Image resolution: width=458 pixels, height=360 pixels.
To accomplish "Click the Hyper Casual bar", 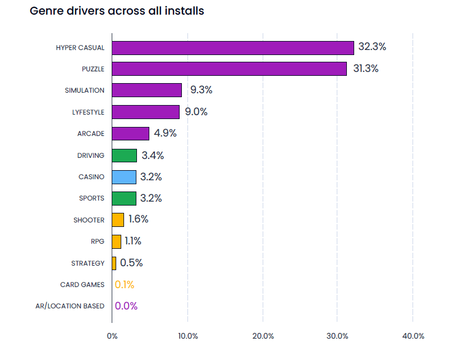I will click(232, 48).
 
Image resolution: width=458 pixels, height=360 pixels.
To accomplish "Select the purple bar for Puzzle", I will click(229, 69).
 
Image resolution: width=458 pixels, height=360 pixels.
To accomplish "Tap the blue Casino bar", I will click(124, 177).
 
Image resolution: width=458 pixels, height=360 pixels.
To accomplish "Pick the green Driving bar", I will click(124, 156).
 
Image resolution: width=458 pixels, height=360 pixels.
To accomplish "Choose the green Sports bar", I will click(124, 198).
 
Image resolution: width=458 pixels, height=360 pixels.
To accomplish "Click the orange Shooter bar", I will click(118, 220).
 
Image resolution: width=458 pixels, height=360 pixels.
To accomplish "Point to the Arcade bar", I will click(130, 134).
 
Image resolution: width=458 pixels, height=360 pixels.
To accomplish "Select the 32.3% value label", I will click(372, 47).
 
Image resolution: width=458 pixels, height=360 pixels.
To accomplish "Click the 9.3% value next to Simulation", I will click(201, 90).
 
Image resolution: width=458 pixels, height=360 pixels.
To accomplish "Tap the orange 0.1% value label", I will click(125, 285).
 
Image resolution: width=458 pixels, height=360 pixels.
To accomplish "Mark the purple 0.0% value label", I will click(126, 306).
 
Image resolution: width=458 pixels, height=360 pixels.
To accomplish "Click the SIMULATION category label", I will click(85, 90).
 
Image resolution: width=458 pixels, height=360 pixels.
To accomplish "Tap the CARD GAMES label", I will click(83, 285).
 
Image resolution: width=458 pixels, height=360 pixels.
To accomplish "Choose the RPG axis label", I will click(97, 241).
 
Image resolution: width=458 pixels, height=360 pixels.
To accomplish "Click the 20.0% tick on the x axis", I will click(263, 336).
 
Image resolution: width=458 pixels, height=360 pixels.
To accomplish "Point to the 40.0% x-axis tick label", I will click(414, 336).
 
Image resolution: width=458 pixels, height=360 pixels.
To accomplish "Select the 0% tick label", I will click(112, 336).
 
